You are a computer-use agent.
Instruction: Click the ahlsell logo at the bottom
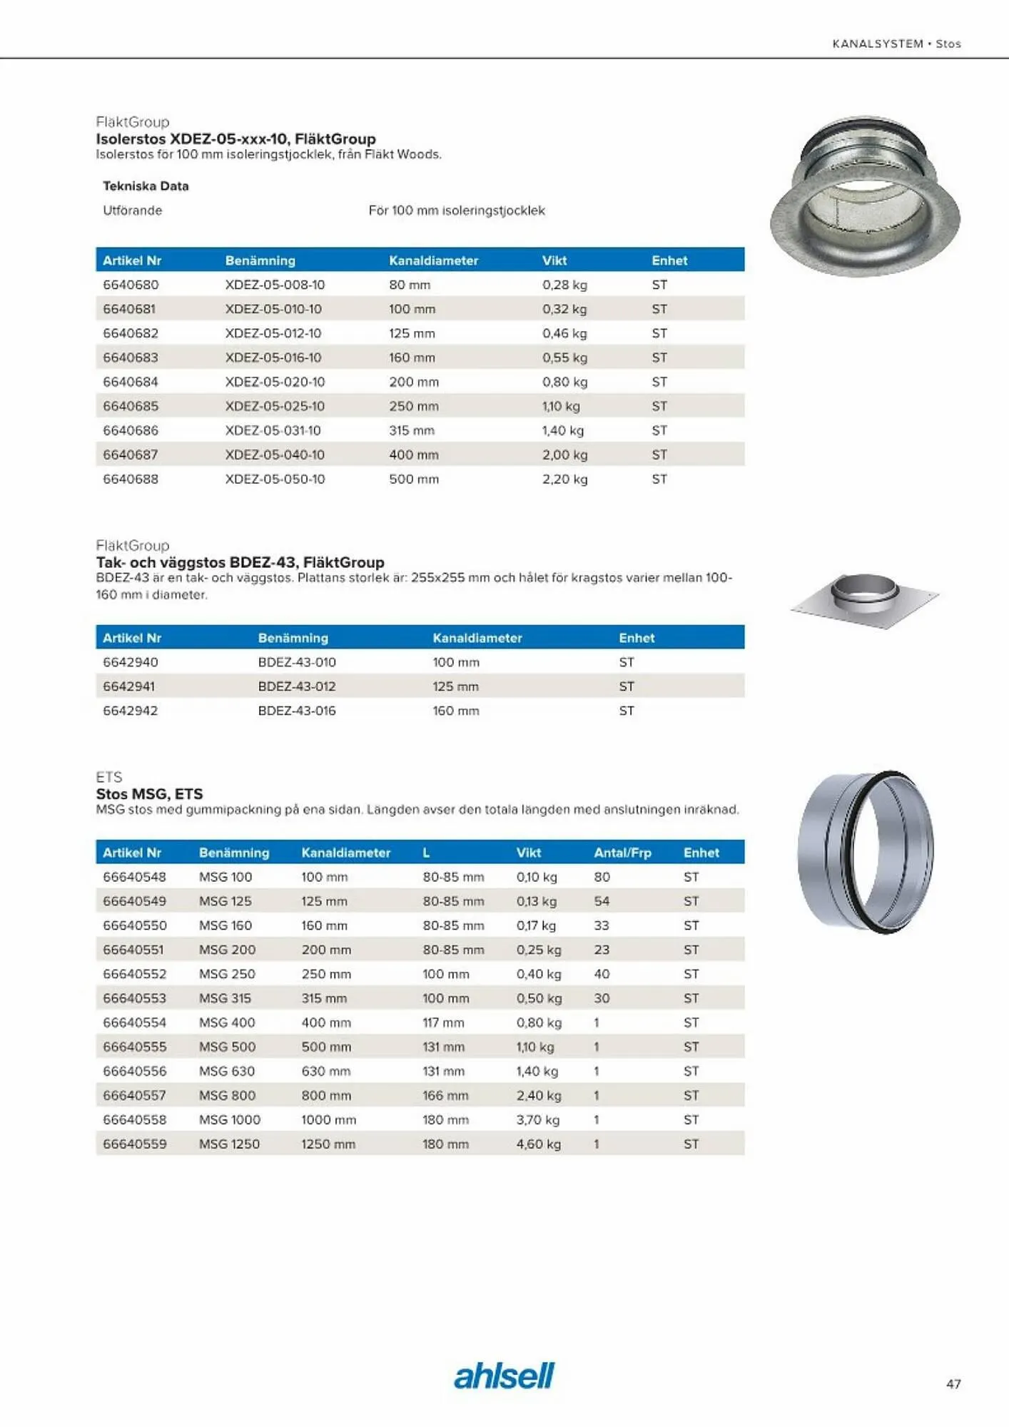(504, 1376)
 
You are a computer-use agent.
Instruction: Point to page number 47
(953, 1383)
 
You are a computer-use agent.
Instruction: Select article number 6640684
(131, 382)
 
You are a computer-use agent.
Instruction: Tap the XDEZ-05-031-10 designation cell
(273, 430)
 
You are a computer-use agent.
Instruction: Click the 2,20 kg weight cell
(564, 479)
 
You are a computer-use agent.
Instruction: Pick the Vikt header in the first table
(554, 260)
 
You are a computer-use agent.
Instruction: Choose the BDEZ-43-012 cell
(297, 686)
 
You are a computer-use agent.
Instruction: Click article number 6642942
(131, 711)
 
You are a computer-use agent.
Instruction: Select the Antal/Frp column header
(622, 853)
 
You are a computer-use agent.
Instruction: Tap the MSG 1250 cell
(229, 1144)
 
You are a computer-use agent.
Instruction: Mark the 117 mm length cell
(443, 1022)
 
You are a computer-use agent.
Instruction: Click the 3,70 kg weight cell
(538, 1119)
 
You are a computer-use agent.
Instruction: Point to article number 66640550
(135, 925)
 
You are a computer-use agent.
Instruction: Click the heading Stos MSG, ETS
(149, 793)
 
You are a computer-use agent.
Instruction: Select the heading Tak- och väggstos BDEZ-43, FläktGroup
(240, 562)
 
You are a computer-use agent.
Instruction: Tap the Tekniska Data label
(146, 186)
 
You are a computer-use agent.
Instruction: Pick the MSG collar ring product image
(865, 851)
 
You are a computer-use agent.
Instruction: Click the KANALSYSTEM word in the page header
(878, 44)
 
